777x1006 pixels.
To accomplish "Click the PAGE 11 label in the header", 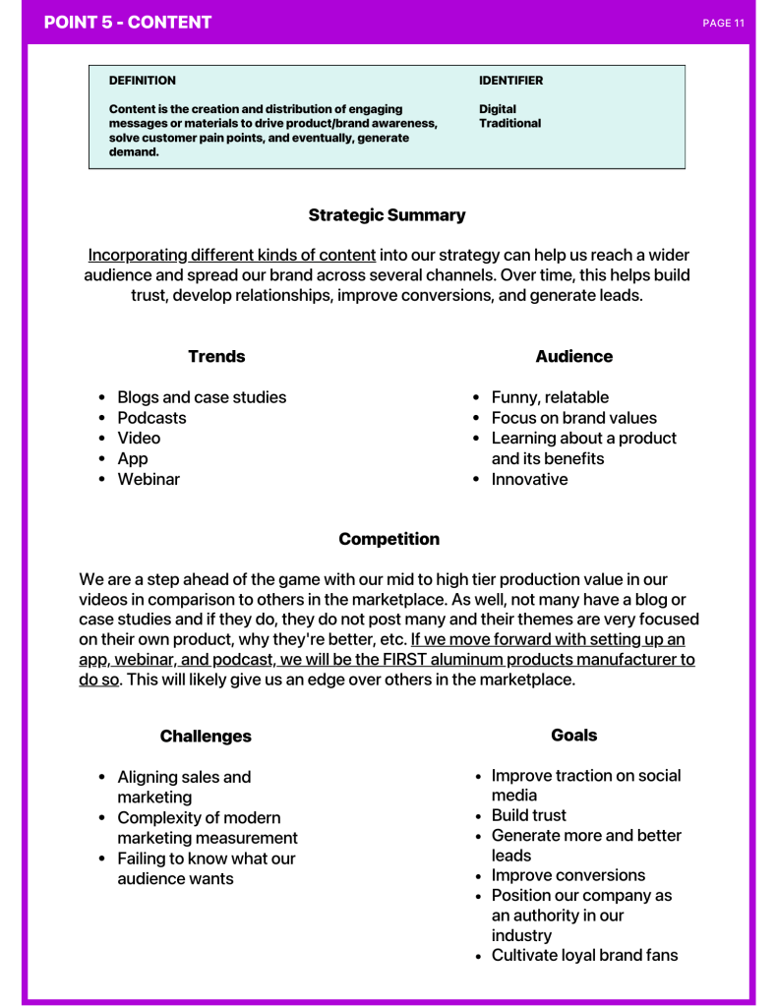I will point(723,23).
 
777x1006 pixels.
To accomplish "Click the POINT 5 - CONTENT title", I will point(128,22).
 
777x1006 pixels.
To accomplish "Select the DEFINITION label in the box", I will point(143,81).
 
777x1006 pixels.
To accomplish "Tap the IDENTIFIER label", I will point(510,81).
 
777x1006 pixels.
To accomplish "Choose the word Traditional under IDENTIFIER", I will point(509,124).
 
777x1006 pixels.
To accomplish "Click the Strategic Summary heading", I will point(387,214).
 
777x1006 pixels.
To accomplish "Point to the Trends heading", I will point(216,357).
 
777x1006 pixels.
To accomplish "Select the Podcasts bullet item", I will point(151,418).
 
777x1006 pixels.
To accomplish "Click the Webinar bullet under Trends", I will point(149,479).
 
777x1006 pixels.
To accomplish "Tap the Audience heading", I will point(573,357).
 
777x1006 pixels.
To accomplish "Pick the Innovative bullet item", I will point(529,479).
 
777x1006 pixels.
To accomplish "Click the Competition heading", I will point(388,539).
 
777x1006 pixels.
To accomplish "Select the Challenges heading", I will point(206,737).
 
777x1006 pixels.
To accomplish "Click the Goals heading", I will point(573,735).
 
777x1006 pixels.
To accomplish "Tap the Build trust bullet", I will point(529,815).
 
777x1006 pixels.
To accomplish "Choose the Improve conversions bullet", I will point(568,875).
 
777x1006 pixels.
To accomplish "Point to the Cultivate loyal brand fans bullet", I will point(584,955).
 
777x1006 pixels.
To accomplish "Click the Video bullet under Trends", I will point(139,439).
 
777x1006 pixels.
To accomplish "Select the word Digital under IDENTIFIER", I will point(498,109).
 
